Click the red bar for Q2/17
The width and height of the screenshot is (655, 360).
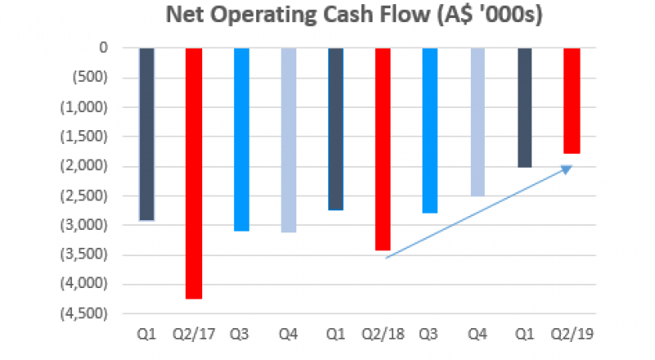click(194, 173)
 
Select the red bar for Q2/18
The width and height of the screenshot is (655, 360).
click(382, 149)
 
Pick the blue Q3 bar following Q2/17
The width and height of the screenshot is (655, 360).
click(241, 139)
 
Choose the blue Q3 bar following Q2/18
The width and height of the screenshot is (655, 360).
click(429, 130)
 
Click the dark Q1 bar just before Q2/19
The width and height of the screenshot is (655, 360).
click(523, 107)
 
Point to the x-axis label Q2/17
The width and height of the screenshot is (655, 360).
click(194, 334)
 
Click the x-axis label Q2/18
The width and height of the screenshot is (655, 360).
click(382, 334)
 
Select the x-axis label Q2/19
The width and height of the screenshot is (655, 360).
click(570, 334)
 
